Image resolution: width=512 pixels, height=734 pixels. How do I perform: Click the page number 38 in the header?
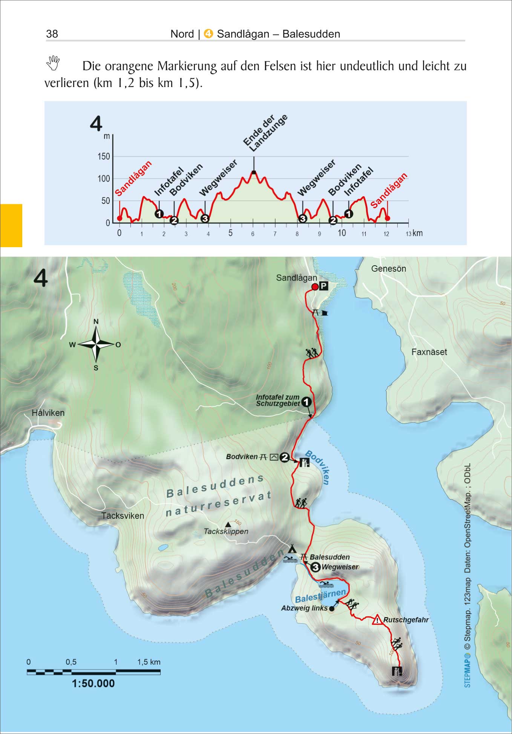(52, 34)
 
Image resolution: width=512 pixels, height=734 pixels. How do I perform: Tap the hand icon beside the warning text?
(53, 63)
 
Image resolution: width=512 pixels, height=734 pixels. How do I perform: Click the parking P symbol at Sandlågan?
(323, 286)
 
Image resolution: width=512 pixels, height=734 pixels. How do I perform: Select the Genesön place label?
(388, 269)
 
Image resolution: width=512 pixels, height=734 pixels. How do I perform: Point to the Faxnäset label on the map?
(429, 352)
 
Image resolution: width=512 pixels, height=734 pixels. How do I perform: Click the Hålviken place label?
(48, 413)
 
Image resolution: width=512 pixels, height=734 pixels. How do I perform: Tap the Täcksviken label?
(123, 516)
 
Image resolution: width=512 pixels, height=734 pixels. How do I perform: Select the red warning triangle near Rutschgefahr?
(377, 620)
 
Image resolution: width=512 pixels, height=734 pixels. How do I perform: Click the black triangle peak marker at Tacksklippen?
(228, 525)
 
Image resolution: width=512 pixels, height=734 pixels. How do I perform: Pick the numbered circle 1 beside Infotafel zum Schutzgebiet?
(307, 402)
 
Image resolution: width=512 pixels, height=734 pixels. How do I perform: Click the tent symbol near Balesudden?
(292, 548)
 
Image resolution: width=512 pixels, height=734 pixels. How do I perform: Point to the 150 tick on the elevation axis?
(104, 156)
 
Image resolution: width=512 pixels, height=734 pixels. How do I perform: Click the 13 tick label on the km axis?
(408, 234)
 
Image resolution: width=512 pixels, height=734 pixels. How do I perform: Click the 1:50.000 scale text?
(93, 683)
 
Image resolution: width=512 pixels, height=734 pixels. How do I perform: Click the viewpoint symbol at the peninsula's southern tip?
(397, 671)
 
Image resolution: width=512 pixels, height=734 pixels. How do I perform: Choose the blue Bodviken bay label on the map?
(319, 467)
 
